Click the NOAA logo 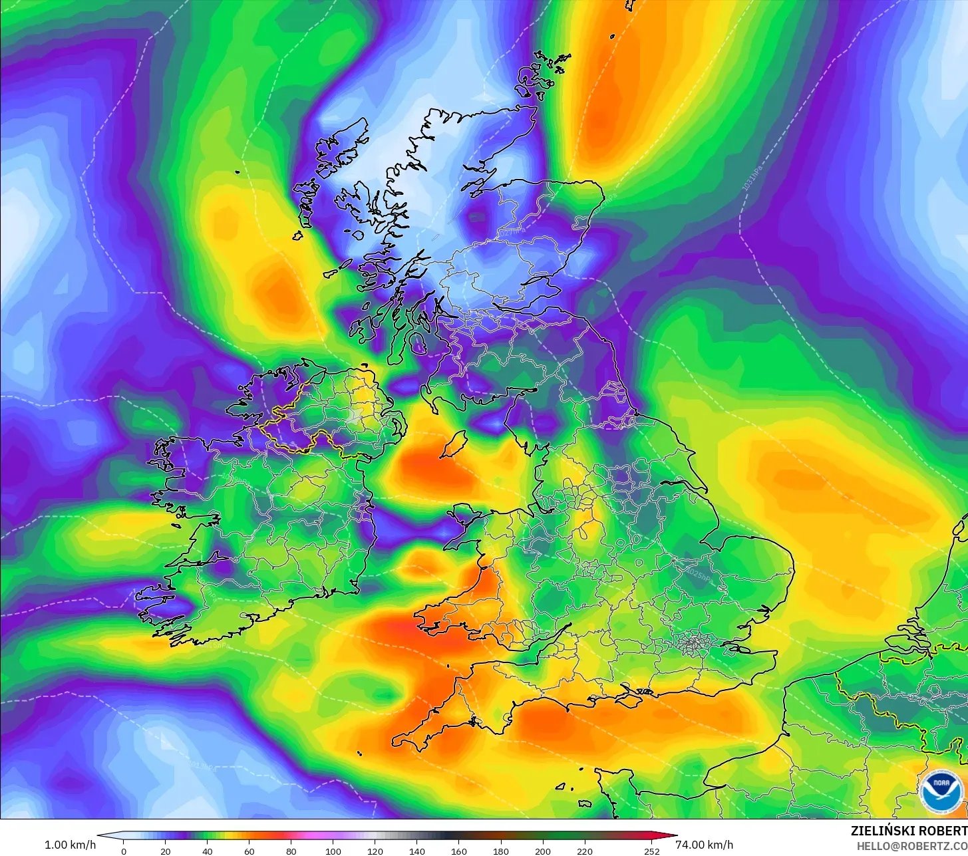coord(941,791)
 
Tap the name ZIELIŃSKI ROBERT coord(909,831)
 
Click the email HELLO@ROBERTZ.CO coord(912,845)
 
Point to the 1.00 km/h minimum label coord(70,845)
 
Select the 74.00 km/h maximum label coord(705,845)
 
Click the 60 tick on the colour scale coord(249,851)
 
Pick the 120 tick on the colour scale coord(375,851)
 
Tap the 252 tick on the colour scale coord(651,851)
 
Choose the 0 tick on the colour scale coord(123,851)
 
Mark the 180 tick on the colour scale coord(501,851)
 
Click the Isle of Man coord(454,443)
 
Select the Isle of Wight coord(639,695)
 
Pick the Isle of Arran coord(418,343)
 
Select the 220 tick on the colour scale coord(585,851)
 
